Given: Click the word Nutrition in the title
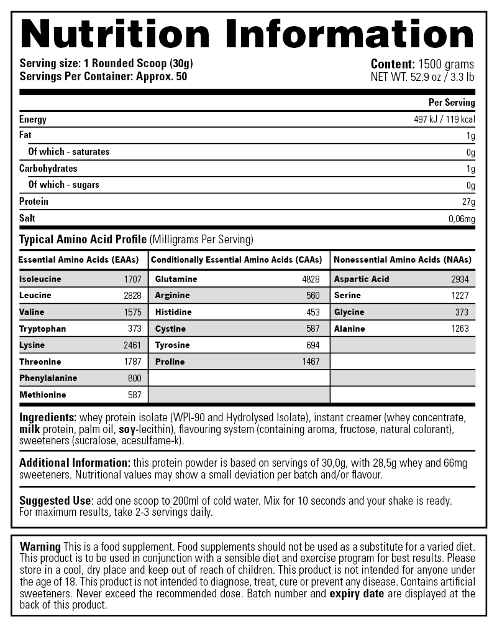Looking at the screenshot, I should click(x=116, y=34).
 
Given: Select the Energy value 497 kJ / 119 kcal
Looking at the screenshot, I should click(x=444, y=119).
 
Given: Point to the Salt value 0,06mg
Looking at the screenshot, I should click(x=462, y=218).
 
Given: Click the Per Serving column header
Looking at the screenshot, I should click(x=452, y=103).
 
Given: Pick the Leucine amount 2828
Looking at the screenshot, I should click(x=132, y=296).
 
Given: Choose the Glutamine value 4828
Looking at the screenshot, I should click(x=311, y=279).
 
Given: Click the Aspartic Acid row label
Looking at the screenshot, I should click(x=362, y=279).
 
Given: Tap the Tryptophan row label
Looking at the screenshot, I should click(x=42, y=329).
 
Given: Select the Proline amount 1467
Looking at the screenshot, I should click(x=311, y=362).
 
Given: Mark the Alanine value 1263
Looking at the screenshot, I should click(x=460, y=329).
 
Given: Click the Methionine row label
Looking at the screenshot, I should click(x=42, y=395).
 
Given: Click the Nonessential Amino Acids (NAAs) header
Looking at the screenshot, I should click(x=403, y=259).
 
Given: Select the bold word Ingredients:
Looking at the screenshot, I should click(x=48, y=418).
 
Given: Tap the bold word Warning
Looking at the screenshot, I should click(x=40, y=546).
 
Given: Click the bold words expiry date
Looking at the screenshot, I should click(x=357, y=594).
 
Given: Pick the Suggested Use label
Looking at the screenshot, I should click(x=55, y=501).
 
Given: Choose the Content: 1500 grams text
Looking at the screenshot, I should click(x=422, y=64).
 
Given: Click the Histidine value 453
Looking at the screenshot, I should click(x=313, y=312).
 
